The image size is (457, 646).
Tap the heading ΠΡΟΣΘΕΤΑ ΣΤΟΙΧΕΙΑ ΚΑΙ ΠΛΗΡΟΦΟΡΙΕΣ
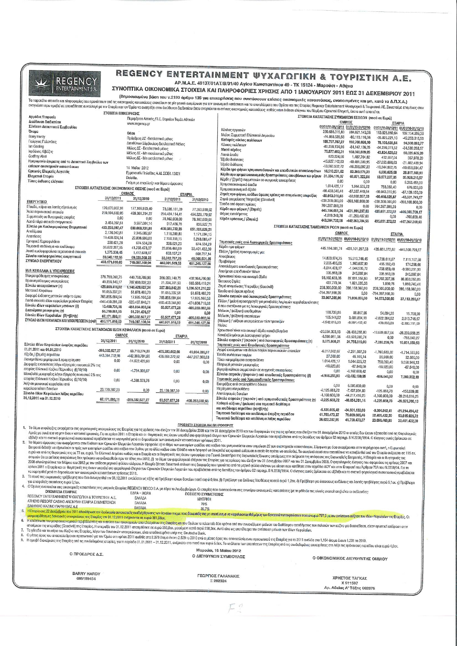coord(206,425)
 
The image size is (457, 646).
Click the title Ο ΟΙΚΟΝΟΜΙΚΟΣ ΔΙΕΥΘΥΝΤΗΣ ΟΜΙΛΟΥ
coord(350,559)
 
